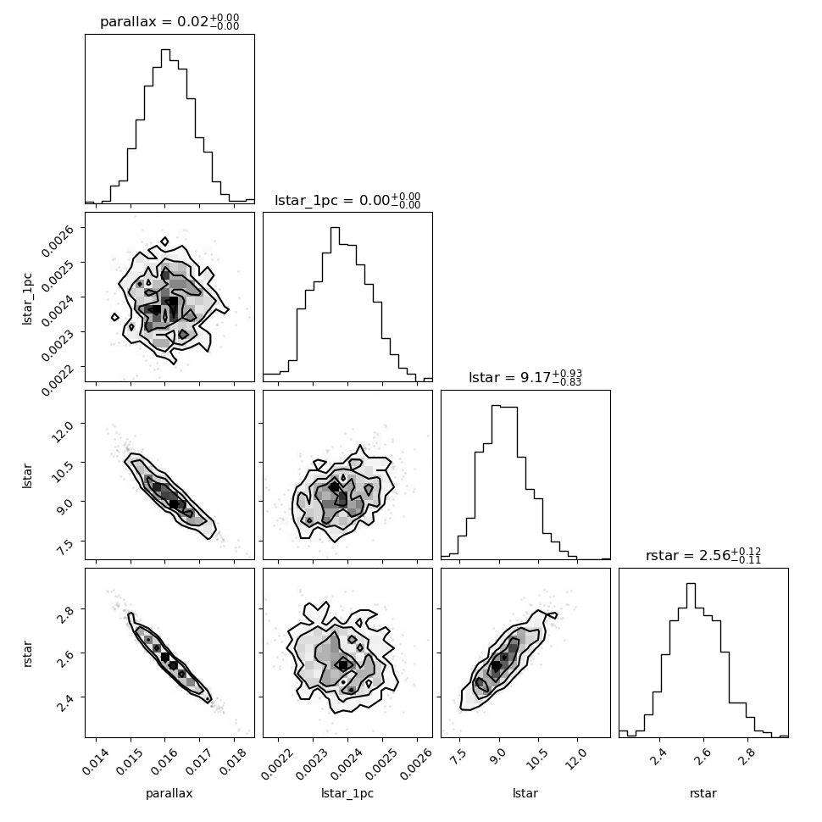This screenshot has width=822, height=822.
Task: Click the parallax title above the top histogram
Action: click(169, 22)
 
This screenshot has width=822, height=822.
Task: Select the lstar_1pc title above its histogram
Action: click(347, 200)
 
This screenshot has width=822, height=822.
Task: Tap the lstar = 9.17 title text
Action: click(525, 377)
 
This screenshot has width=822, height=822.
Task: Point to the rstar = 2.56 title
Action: click(703, 555)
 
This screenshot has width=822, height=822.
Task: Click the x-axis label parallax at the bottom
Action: click(169, 794)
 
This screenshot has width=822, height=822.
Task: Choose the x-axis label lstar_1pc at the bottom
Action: click(347, 794)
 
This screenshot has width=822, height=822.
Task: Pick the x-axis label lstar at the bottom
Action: click(525, 793)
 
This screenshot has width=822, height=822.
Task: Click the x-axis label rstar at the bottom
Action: click(703, 794)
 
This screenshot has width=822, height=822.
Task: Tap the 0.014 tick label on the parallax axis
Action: click(97, 761)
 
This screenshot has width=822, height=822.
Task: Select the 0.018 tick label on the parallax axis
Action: click(234, 761)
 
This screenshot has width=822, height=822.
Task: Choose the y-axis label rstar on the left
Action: click(27, 653)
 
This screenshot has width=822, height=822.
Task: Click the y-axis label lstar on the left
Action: click(27, 475)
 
